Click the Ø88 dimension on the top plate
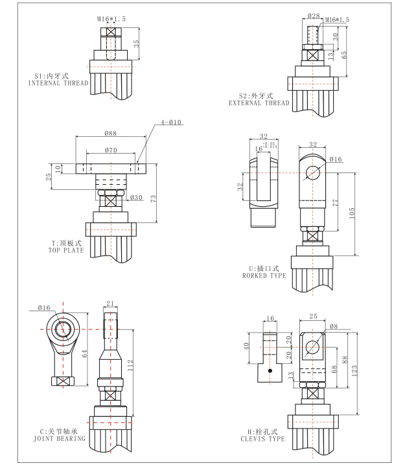tap(110, 134)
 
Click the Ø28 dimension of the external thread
tap(314, 16)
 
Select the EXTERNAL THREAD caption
tap(259, 102)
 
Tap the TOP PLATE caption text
tap(64, 250)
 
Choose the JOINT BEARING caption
tap(59, 438)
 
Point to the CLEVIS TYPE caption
tap(257, 438)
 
